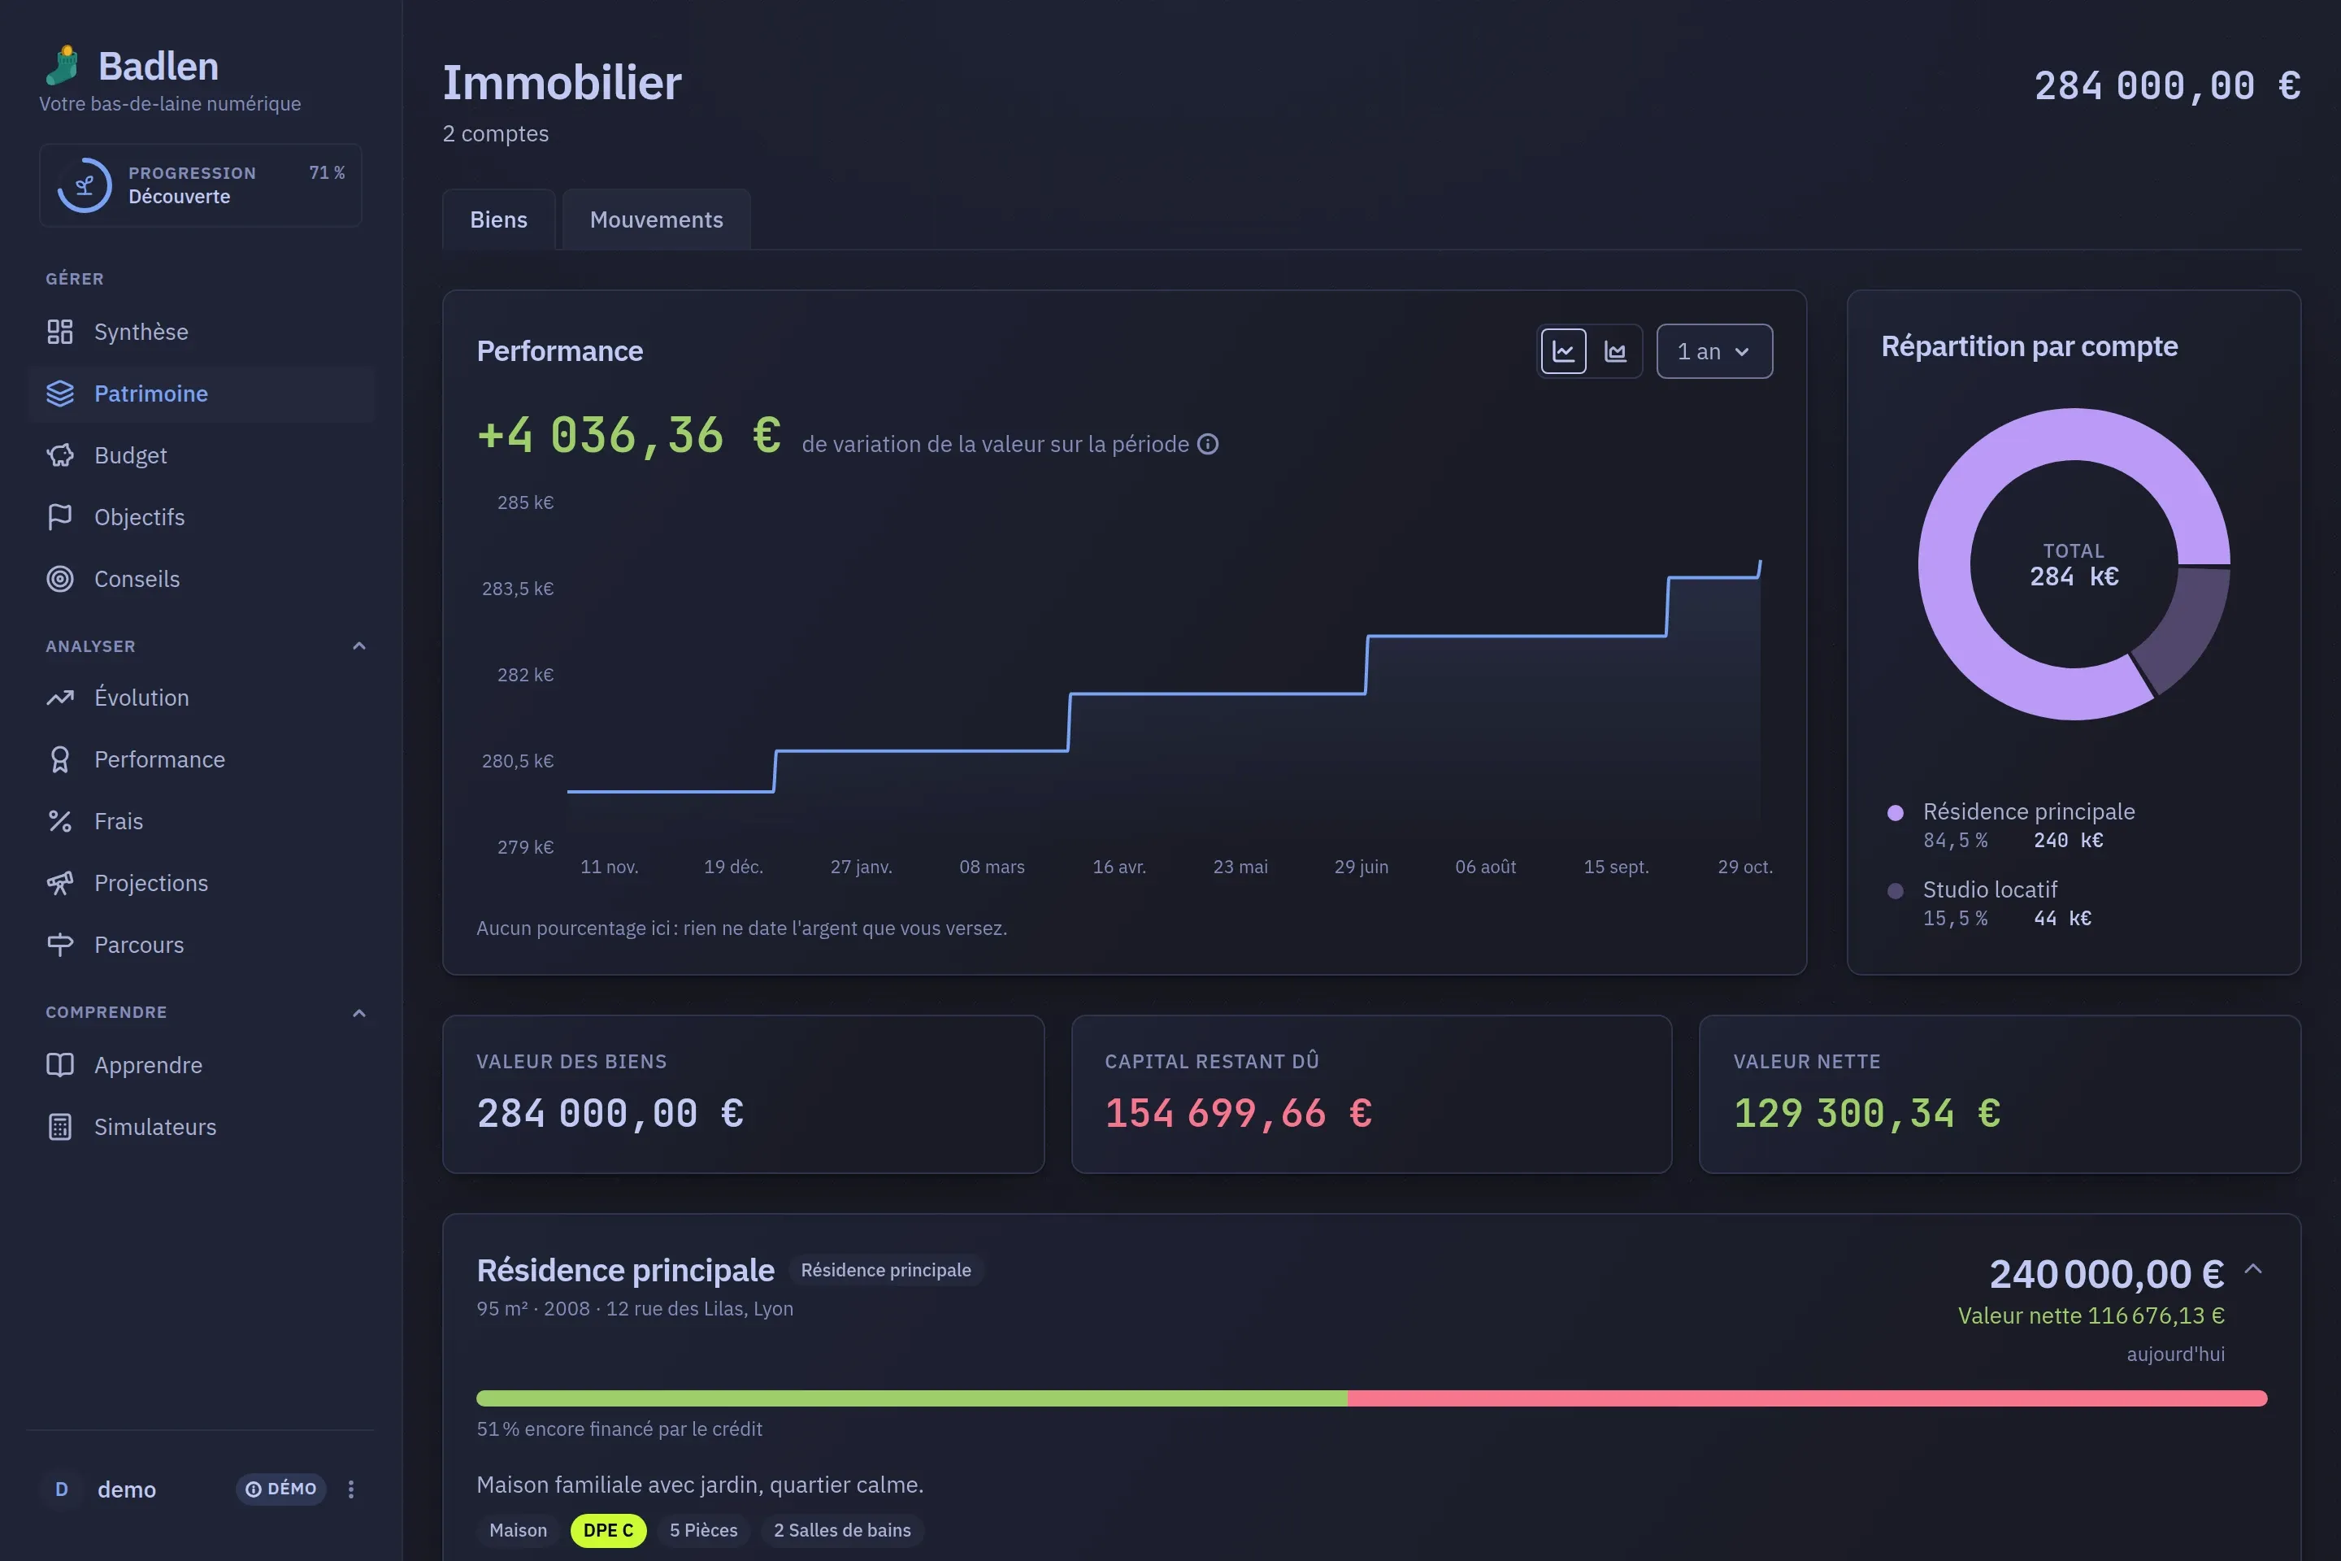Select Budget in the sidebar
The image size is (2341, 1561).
coord(130,455)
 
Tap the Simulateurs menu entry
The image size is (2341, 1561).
coord(154,1126)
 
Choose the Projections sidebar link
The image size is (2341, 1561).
coord(150,883)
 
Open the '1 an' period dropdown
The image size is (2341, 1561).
coord(1714,351)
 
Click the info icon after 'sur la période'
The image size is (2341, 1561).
coord(1207,444)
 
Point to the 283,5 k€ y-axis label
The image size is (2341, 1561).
coord(518,589)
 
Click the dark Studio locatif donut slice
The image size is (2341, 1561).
coord(2185,627)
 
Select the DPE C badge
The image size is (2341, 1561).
coord(608,1530)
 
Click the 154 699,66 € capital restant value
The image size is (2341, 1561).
coord(1238,1113)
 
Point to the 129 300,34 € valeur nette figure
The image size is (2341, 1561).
coord(1866,1113)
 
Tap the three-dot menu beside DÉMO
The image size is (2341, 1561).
coord(350,1489)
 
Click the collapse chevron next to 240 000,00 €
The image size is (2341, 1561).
coord(2253,1269)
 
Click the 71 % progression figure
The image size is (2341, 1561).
coord(327,172)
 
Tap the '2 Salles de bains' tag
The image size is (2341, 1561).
coord(842,1530)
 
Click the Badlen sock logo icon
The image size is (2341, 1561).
coord(63,65)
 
